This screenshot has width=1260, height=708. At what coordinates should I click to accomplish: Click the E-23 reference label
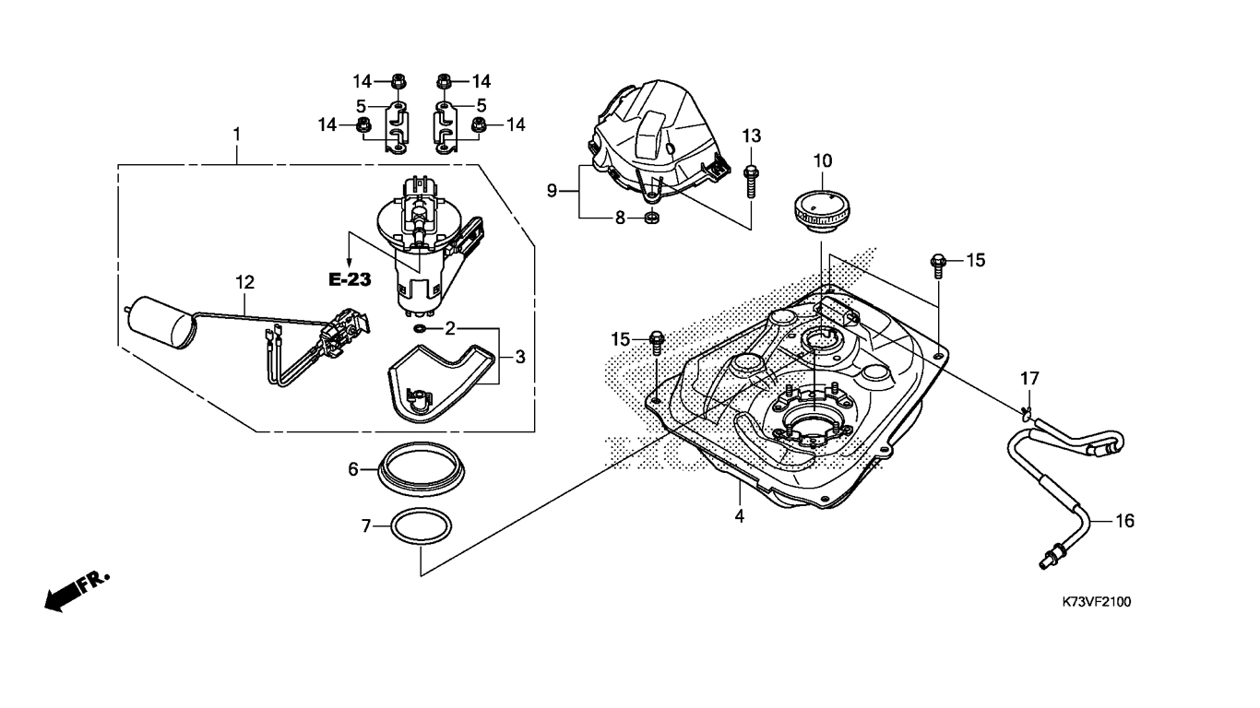pyautogui.click(x=350, y=279)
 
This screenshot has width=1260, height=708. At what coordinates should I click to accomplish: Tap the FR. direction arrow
pyautogui.click(x=77, y=592)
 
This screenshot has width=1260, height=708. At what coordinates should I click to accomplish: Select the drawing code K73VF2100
pyautogui.click(x=1097, y=602)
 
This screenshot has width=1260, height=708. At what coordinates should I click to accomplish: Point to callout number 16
pyautogui.click(x=1124, y=521)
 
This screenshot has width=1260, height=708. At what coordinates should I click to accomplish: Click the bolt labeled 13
pyautogui.click(x=751, y=181)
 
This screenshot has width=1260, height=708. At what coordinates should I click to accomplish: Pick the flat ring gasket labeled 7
pyautogui.click(x=422, y=526)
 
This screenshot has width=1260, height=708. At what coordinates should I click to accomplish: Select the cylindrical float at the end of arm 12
pyautogui.click(x=160, y=323)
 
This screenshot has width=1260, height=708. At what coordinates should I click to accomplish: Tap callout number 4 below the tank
pyautogui.click(x=739, y=515)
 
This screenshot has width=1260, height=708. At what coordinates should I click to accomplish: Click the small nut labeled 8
pyautogui.click(x=651, y=217)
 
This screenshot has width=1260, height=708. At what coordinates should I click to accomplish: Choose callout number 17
pyautogui.click(x=1030, y=379)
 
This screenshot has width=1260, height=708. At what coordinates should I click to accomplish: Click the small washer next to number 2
pyautogui.click(x=419, y=328)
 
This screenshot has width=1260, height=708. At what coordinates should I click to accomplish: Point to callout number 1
pyautogui.click(x=237, y=135)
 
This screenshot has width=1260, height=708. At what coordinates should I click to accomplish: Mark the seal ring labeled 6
pyautogui.click(x=422, y=469)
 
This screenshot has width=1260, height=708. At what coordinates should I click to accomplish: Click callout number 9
pyautogui.click(x=552, y=191)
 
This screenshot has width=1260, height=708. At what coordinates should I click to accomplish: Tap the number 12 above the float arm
pyautogui.click(x=244, y=282)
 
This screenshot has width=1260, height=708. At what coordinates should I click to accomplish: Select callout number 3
pyautogui.click(x=520, y=357)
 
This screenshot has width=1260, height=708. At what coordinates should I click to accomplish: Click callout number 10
pyautogui.click(x=823, y=160)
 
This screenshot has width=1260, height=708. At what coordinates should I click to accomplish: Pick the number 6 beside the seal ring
pyautogui.click(x=353, y=469)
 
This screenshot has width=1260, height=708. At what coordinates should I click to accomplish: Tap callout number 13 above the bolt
pyautogui.click(x=752, y=136)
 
